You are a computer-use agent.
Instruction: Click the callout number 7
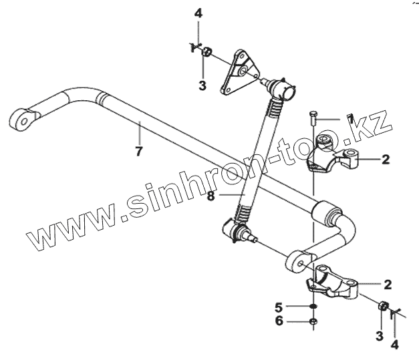click(138, 151)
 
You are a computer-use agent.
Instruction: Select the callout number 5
click(278, 307)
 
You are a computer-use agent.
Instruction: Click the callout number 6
click(278, 322)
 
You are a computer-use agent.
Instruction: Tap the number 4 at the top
click(198, 13)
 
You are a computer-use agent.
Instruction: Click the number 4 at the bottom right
click(394, 345)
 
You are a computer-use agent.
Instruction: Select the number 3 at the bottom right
click(379, 336)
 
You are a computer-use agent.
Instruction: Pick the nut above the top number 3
click(208, 51)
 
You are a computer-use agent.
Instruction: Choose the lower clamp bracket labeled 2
click(331, 281)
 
